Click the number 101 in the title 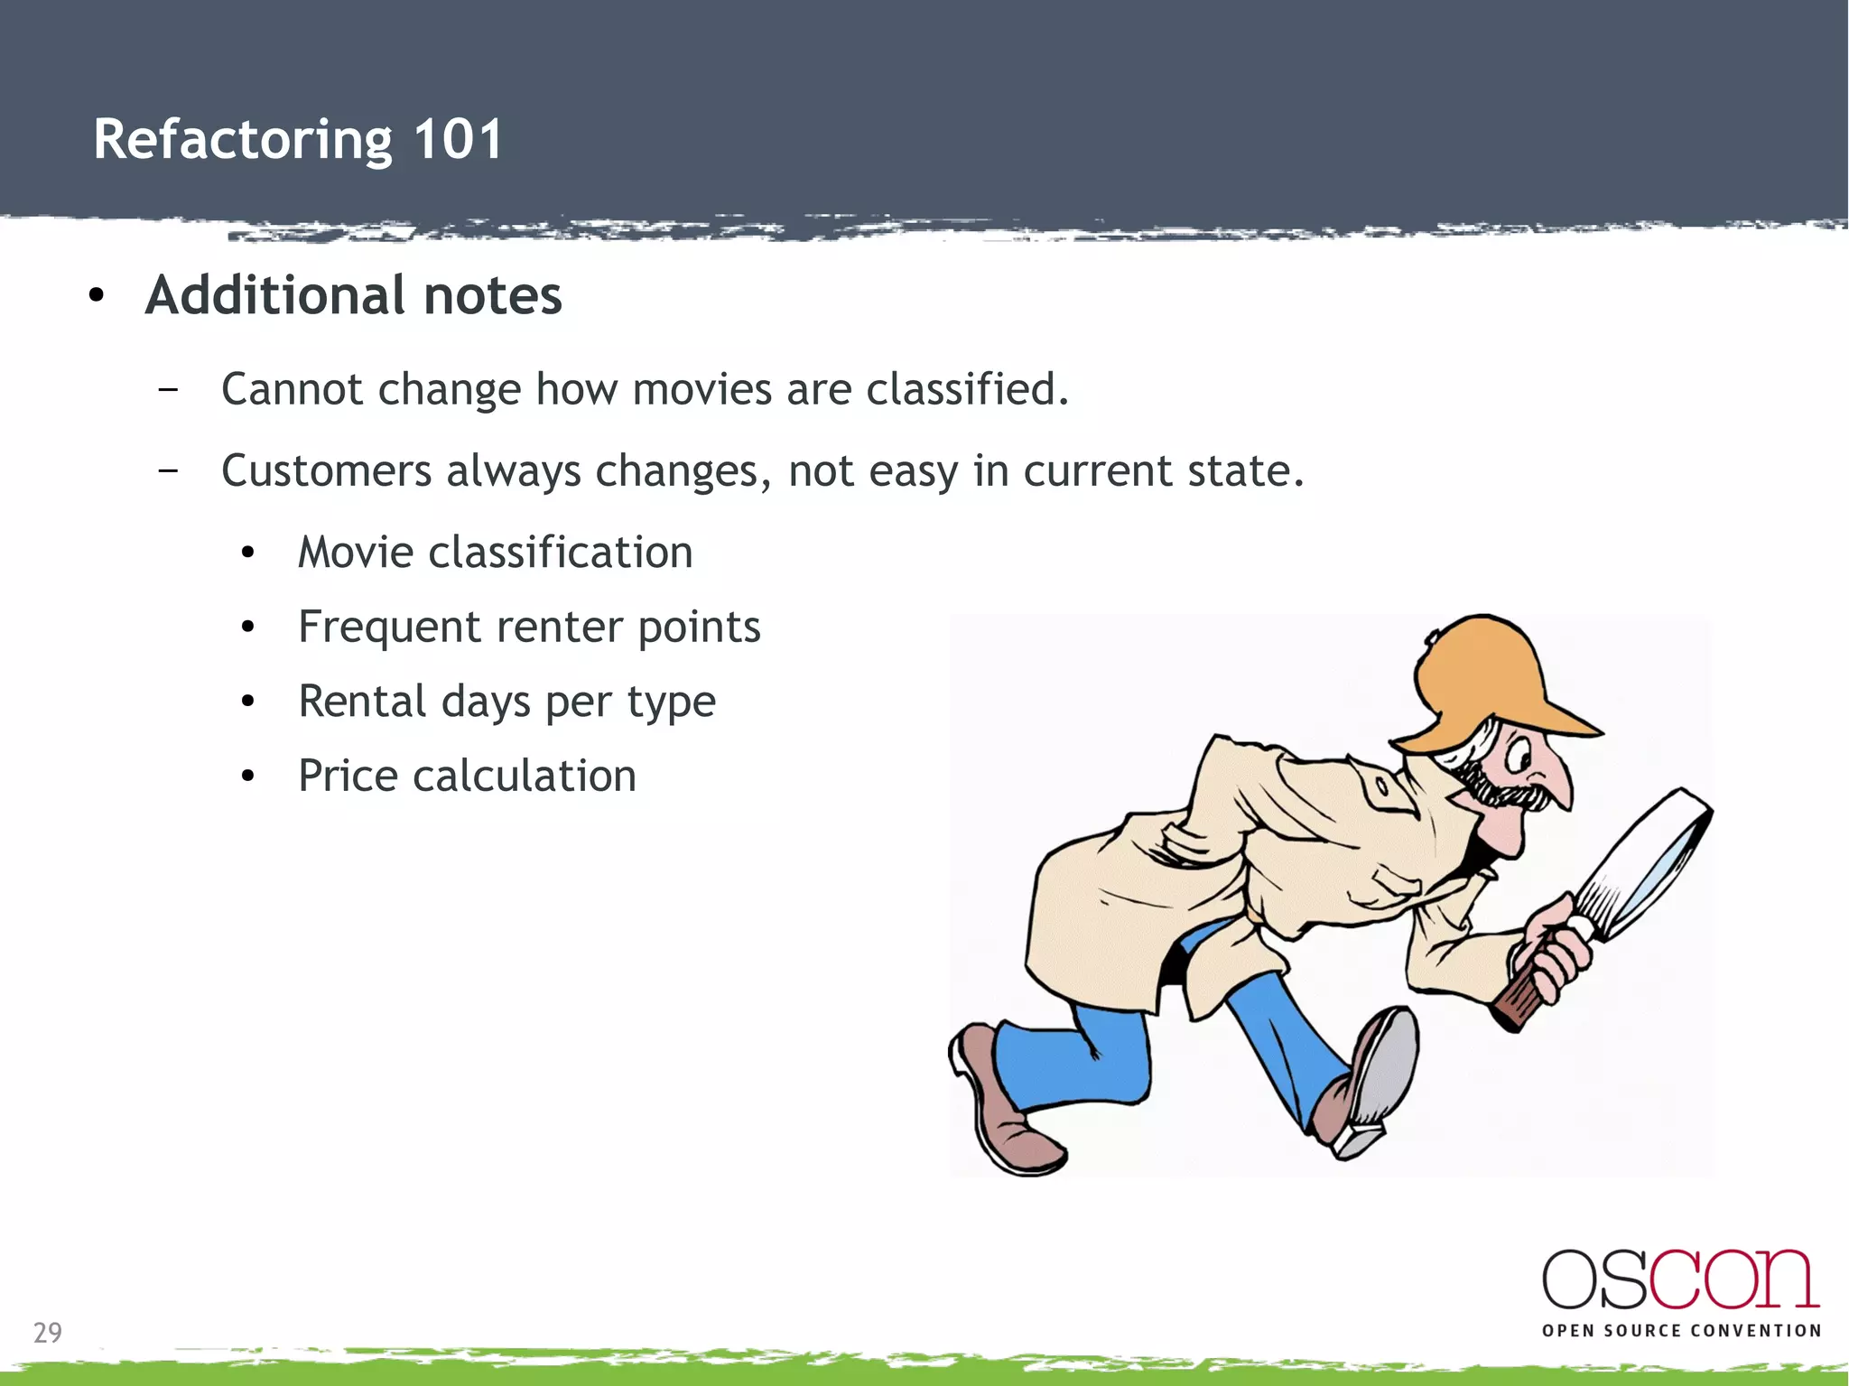pyautogui.click(x=457, y=140)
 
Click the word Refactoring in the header pyautogui.click(x=243, y=142)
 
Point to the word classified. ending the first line pyautogui.click(x=967, y=390)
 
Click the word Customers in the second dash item pyautogui.click(x=326, y=471)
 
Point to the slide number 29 pyautogui.click(x=48, y=1333)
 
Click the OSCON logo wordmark pyautogui.click(x=1680, y=1279)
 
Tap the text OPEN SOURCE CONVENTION pyautogui.click(x=1681, y=1331)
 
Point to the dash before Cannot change pyautogui.click(x=167, y=390)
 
